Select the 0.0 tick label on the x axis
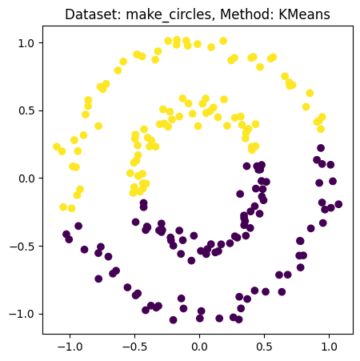[199, 348]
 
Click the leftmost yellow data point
[57, 147]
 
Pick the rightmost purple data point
[338, 204]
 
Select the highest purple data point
[321, 148]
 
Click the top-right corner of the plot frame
[353, 28]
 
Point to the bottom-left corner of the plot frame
[45, 332]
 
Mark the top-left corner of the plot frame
[45, 28]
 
